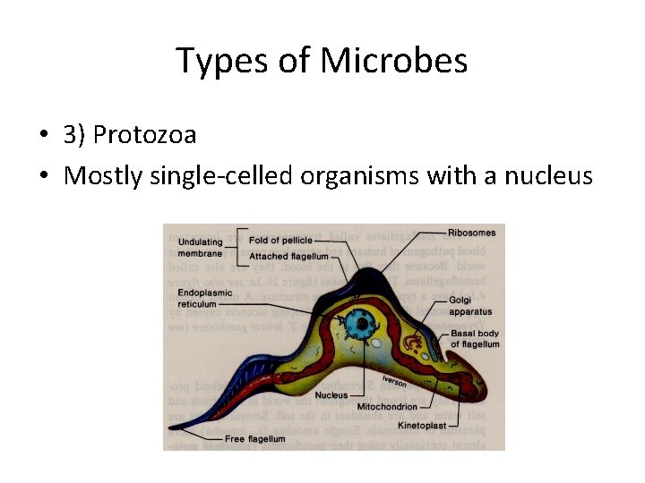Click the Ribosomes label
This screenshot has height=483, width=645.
click(471, 233)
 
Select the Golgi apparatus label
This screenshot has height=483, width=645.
click(471, 307)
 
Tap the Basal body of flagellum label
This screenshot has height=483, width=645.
click(475, 339)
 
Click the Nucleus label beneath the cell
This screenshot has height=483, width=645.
click(331, 394)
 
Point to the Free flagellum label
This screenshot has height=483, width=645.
click(254, 439)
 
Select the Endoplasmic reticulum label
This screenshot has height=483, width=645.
click(205, 298)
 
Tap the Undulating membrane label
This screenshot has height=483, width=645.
click(200, 247)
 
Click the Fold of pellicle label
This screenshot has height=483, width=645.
click(281, 241)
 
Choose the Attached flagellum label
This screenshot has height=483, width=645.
click(288, 256)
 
